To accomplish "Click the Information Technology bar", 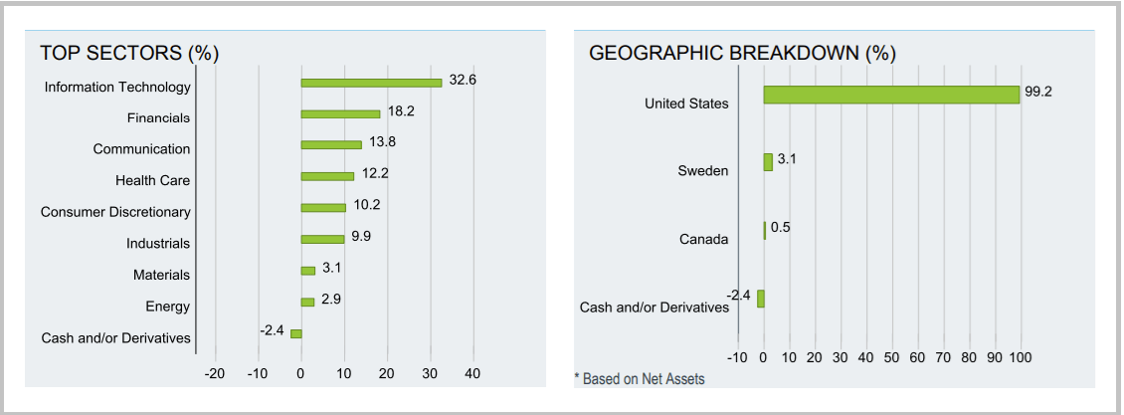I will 371,83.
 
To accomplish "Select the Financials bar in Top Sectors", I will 340,114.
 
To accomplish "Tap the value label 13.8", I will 382,141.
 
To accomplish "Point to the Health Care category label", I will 152,180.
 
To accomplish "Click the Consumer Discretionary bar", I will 323,208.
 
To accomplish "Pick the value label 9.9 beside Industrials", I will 361,235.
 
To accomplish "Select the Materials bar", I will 308,271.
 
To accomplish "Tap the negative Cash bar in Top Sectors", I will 295,333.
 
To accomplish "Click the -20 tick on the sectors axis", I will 214,373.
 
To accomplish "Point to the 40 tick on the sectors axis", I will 472,373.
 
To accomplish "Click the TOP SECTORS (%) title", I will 129,53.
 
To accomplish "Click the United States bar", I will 891,95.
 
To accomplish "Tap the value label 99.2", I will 1038,91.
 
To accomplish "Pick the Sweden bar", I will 768,162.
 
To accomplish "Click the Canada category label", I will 704,239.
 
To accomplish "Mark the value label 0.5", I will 781,227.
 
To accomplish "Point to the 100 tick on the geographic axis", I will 1021,357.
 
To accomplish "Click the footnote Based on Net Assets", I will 641,379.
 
